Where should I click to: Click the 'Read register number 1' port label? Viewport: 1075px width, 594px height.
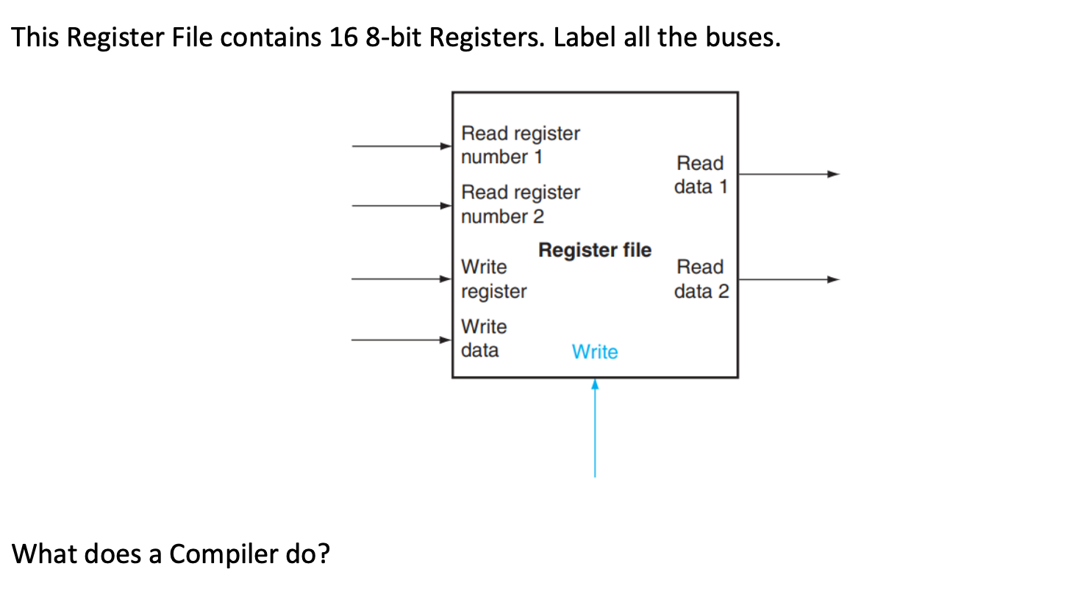pos(520,145)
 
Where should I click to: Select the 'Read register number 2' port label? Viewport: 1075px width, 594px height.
pos(520,204)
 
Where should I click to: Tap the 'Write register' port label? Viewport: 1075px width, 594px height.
pos(493,279)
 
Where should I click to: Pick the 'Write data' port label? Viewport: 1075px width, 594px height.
pos(483,338)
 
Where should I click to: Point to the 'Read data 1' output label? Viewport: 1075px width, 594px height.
pos(700,175)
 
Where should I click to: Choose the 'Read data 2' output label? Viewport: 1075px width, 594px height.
pos(701,279)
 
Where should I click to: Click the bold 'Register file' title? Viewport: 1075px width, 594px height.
pos(594,251)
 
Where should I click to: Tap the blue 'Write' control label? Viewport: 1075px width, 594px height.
pos(594,352)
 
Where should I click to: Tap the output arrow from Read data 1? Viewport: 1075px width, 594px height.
pos(787,174)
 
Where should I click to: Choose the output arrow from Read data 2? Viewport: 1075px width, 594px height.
pos(787,279)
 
